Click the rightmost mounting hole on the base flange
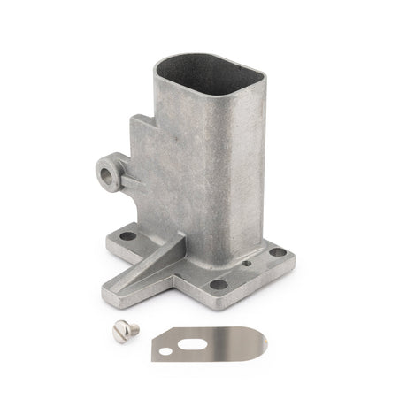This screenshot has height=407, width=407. coord(278,252)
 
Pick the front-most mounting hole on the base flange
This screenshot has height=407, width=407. coord(218,284)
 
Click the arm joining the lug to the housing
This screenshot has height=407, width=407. coord(128,182)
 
